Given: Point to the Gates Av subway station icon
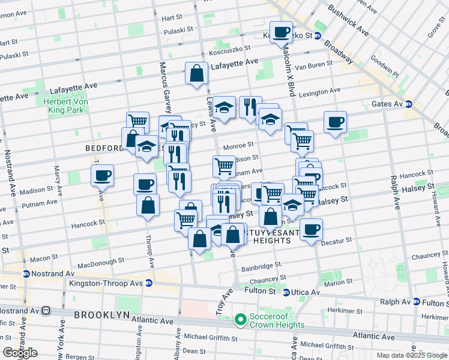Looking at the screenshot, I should click(409, 104).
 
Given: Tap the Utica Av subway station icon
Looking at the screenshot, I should click(286, 292).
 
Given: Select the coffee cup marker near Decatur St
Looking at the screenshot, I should click(311, 229).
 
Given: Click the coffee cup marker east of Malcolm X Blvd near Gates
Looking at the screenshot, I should click(335, 122).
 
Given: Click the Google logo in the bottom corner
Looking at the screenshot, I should click(19, 353).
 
